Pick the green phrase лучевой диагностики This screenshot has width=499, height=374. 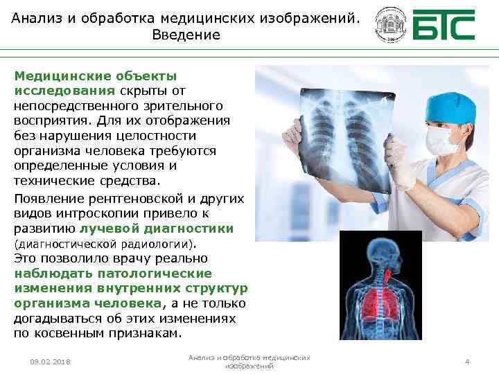156,229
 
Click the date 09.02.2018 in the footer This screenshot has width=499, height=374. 51,362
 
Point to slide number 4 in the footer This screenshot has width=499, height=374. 467,362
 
